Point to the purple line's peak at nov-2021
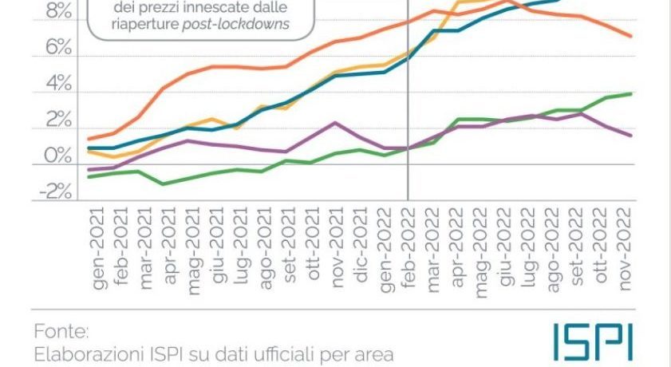pyautogui.click(x=336, y=123)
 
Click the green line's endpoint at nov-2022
pyautogui.click(x=632, y=93)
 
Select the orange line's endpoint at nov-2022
pyautogui.click(x=632, y=36)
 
